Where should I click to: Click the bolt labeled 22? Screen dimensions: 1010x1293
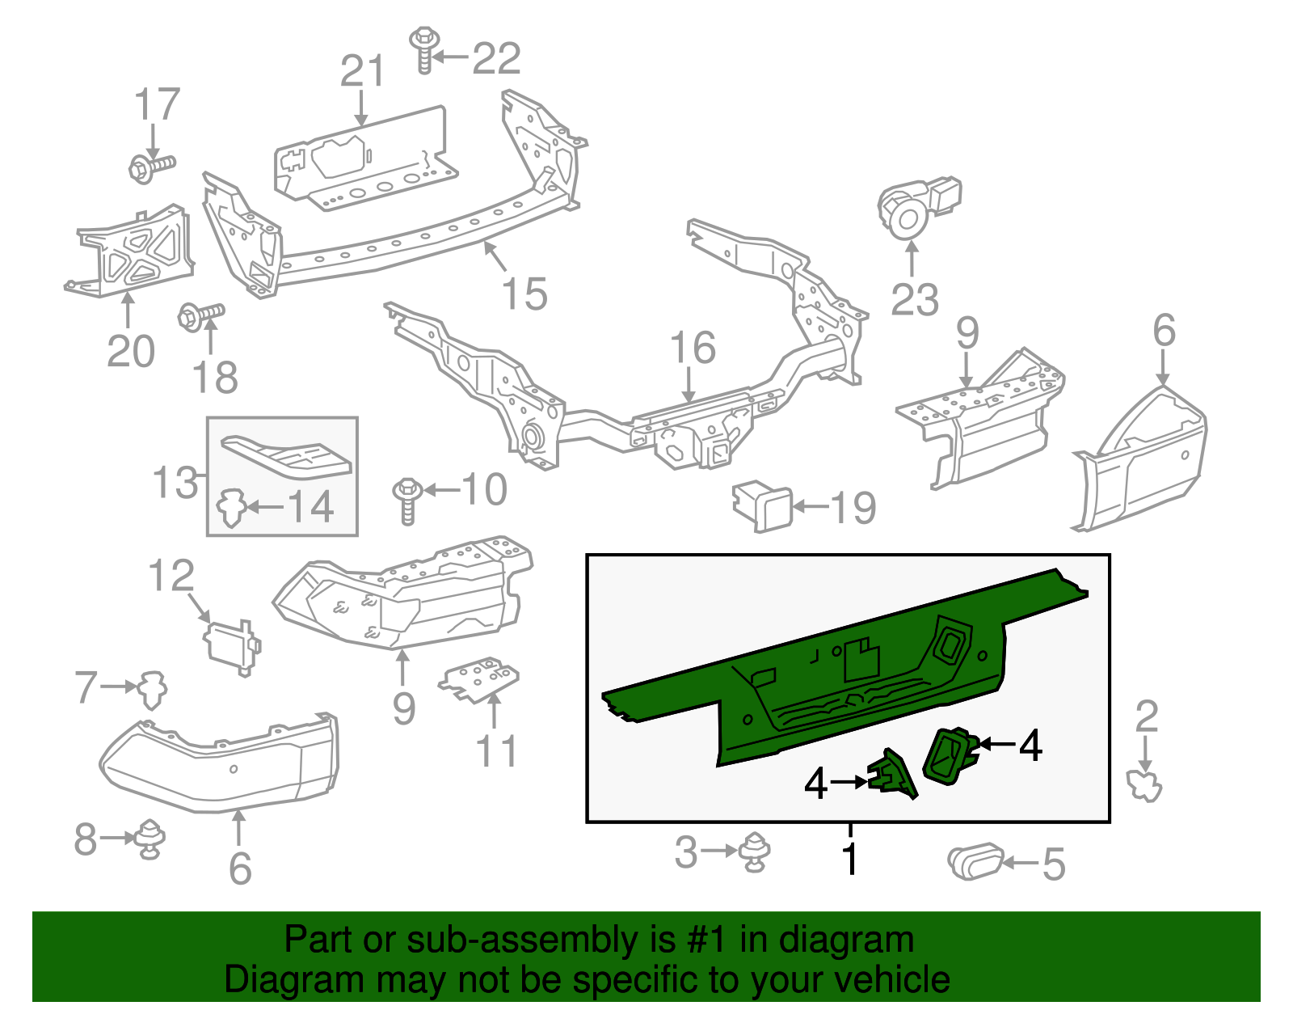click(423, 50)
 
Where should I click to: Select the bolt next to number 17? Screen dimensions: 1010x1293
click(150, 167)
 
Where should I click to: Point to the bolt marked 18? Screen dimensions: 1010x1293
click(200, 315)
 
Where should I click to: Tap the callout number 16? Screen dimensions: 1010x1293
click(693, 348)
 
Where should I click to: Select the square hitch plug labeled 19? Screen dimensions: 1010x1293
click(763, 506)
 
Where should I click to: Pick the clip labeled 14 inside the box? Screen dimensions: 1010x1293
click(231, 508)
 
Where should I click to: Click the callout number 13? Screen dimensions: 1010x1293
click(175, 482)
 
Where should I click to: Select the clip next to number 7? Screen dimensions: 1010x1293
click(151, 689)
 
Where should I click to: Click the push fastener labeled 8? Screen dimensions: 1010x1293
click(150, 839)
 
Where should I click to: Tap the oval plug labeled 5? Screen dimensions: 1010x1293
click(975, 861)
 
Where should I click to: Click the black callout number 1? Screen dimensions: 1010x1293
click(849, 859)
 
